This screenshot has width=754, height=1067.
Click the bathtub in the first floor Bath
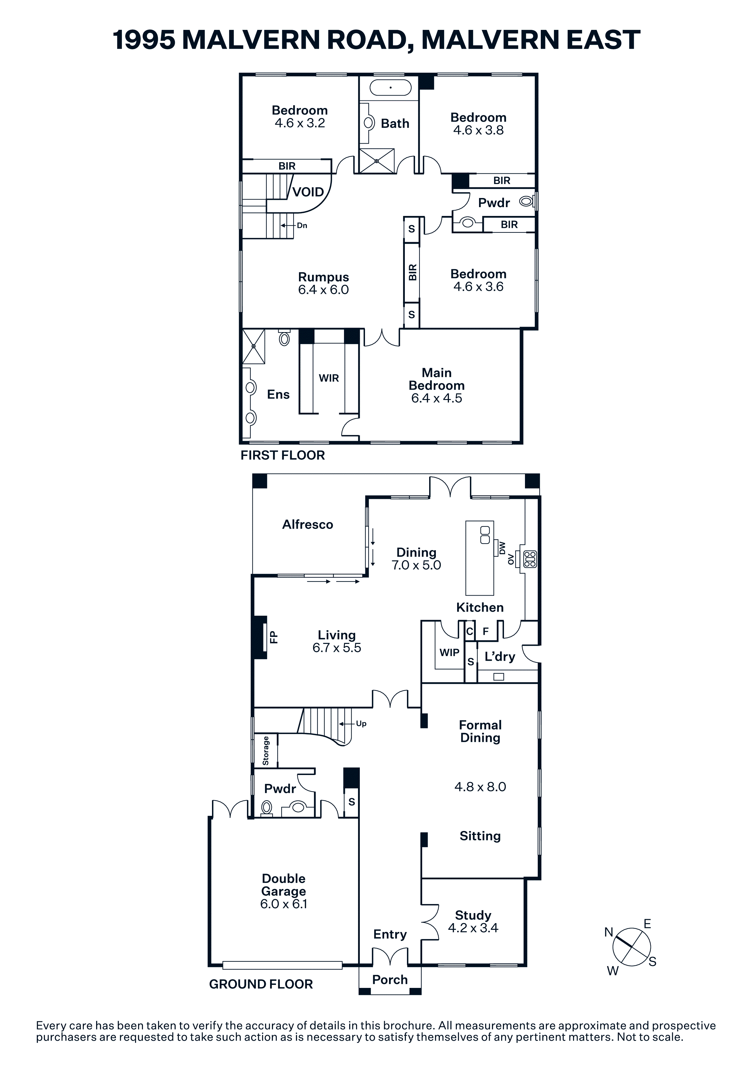click(x=390, y=87)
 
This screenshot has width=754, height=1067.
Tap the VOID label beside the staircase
click(x=308, y=192)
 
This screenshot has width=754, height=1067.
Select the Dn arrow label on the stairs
click(x=302, y=225)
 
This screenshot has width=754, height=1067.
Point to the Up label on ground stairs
click(x=361, y=724)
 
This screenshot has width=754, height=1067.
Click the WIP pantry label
click(x=449, y=652)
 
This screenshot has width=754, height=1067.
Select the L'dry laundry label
click(x=500, y=657)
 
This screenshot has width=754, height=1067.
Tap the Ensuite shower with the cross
click(x=254, y=346)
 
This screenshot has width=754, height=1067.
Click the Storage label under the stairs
click(x=266, y=751)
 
